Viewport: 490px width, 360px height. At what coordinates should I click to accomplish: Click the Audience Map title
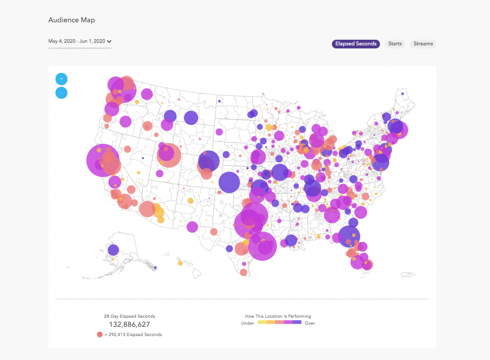(72, 20)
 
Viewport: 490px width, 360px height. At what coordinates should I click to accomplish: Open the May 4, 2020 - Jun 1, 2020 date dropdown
(80, 42)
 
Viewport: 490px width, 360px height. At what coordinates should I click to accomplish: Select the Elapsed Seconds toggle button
(356, 43)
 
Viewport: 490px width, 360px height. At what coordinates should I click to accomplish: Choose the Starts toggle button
(395, 43)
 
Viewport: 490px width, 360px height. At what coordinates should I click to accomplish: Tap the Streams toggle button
(423, 43)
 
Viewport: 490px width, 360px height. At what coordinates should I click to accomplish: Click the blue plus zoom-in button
(61, 79)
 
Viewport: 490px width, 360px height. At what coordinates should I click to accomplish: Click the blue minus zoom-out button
(61, 93)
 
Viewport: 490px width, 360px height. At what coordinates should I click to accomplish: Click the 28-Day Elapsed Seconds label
(130, 316)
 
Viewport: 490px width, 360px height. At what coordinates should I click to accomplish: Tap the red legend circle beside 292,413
(99, 334)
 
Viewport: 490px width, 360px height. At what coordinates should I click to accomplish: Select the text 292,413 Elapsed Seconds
(136, 335)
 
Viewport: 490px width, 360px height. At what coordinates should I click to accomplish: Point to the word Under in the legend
(247, 323)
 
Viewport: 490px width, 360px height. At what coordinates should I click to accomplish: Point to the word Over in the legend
(309, 323)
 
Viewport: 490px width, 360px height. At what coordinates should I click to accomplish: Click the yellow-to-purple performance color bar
(278, 322)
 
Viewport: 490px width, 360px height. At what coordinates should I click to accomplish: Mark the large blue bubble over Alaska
(113, 250)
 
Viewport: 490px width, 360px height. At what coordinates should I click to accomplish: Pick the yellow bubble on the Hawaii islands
(180, 264)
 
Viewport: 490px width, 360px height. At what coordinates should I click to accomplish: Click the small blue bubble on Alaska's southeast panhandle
(154, 267)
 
